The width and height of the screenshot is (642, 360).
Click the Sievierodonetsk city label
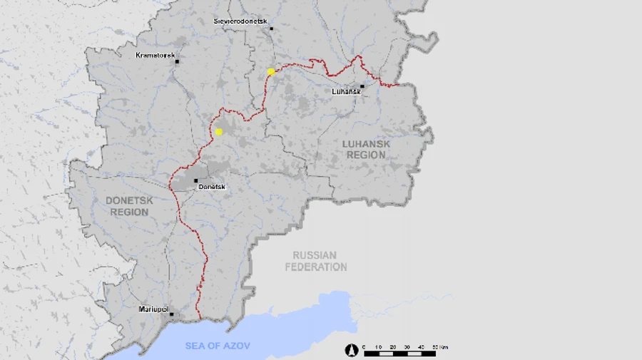tap(240, 21)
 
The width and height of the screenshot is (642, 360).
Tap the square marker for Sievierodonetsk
tap(271, 29)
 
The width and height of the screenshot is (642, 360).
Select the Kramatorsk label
tap(156, 55)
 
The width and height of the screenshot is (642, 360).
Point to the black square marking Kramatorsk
tap(177, 61)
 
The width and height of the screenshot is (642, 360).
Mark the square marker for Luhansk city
tap(362, 86)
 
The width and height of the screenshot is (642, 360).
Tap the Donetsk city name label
tap(211, 187)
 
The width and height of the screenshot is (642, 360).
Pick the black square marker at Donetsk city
tap(196, 180)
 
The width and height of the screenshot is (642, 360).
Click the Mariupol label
tap(153, 309)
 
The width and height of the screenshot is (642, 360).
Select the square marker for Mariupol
tap(171, 314)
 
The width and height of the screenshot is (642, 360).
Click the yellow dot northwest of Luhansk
tap(271, 71)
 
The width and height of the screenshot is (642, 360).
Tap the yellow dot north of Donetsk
tap(219, 132)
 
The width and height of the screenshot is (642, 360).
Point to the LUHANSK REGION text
tap(366, 149)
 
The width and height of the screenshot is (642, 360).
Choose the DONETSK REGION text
tap(130, 206)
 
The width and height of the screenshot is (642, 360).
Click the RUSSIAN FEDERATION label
tap(315, 261)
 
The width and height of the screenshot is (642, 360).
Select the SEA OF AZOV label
tap(218, 346)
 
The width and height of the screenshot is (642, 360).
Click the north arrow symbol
tap(351, 350)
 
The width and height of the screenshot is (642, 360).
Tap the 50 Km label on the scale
tap(439, 346)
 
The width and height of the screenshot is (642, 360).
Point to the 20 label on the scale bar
tap(392, 346)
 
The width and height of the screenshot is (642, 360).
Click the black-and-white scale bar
tap(399, 354)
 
